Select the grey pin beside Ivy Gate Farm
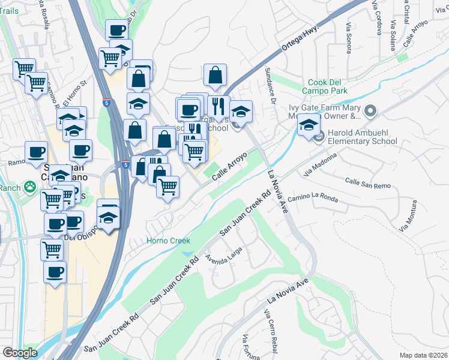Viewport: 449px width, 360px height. point(370,110)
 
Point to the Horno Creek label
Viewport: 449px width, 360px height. point(169,241)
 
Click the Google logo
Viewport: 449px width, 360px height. point(20,353)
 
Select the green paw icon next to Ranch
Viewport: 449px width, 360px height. point(28,188)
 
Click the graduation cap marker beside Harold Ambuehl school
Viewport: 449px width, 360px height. point(309,125)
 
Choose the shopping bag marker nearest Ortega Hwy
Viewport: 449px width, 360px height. point(215,76)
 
